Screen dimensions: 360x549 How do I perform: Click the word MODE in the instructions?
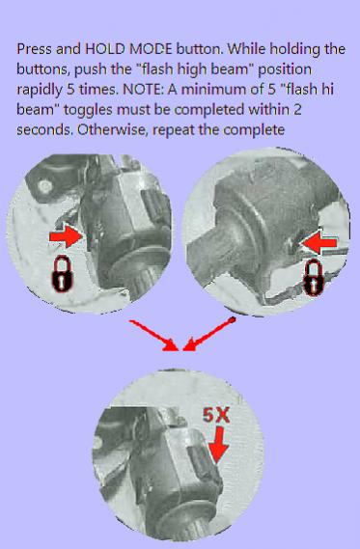(151, 49)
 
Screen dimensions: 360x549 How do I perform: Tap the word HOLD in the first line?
(105, 49)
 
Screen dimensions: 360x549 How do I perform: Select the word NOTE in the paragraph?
(143, 90)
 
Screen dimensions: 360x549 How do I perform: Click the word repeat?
(174, 130)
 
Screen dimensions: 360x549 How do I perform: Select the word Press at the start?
(35, 49)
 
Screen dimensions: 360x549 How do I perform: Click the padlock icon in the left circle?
(63, 274)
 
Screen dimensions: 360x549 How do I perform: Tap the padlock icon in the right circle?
(313, 279)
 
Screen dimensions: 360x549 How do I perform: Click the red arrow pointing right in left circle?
(66, 236)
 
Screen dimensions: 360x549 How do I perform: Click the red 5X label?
(216, 416)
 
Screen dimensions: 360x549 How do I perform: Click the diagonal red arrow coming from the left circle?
(154, 336)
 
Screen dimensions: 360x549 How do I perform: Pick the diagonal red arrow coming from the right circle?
(209, 334)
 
